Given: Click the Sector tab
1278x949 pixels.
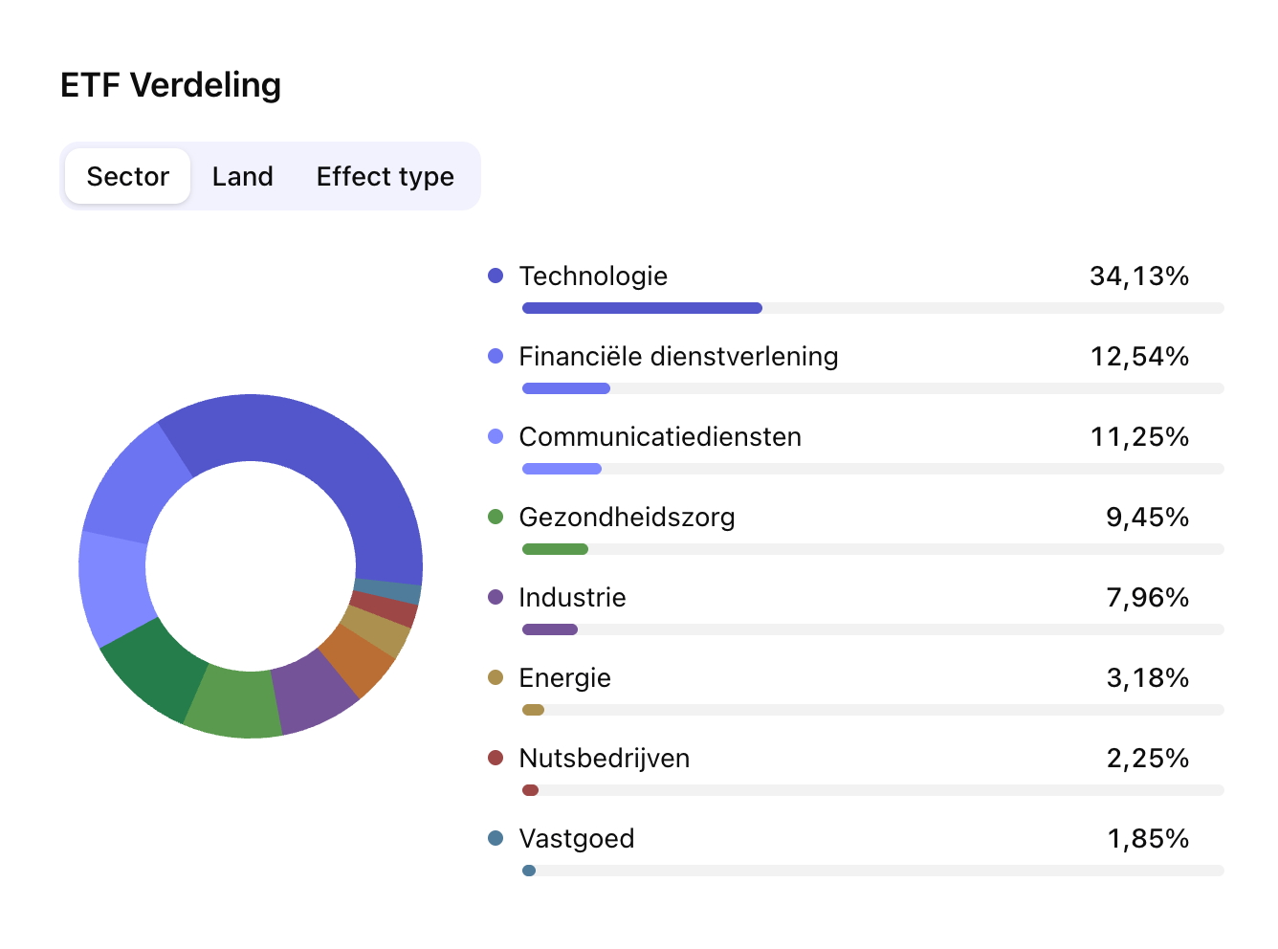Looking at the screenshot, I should point(127,177).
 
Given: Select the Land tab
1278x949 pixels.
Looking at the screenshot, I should point(242,177).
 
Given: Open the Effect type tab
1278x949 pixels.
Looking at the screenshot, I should point(385,177).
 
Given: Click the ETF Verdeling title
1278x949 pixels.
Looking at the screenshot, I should point(170,85).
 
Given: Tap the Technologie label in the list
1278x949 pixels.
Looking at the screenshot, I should point(593,276).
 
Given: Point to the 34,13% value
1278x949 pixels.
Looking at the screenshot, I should point(1138,276).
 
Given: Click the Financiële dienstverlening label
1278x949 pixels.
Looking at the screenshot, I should point(678,357).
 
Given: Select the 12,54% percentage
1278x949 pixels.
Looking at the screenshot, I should point(1139,357).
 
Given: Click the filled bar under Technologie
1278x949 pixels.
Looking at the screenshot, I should point(642,308).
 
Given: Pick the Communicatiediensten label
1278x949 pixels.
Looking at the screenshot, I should point(660,437).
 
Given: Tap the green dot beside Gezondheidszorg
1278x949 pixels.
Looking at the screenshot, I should point(496,518).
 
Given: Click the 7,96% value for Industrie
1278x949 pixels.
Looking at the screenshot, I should point(1147,598).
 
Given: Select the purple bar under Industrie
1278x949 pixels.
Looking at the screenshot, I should point(550,629).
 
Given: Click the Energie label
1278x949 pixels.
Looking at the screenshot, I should point(564,678).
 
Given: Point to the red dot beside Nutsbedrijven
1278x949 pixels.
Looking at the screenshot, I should point(496,759).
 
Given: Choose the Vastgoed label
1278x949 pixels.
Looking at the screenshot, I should point(576,839).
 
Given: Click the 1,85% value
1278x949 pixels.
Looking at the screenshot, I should point(1148,839).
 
